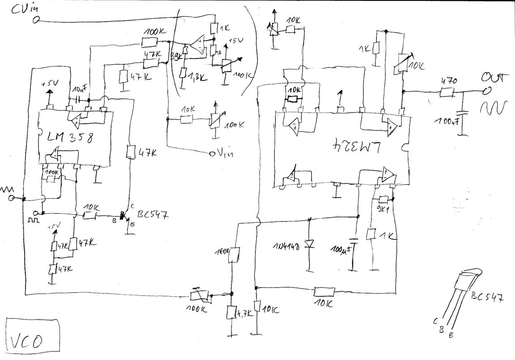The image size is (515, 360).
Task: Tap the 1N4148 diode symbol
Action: coord(309,244)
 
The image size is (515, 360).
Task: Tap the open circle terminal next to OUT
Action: coord(485,92)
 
